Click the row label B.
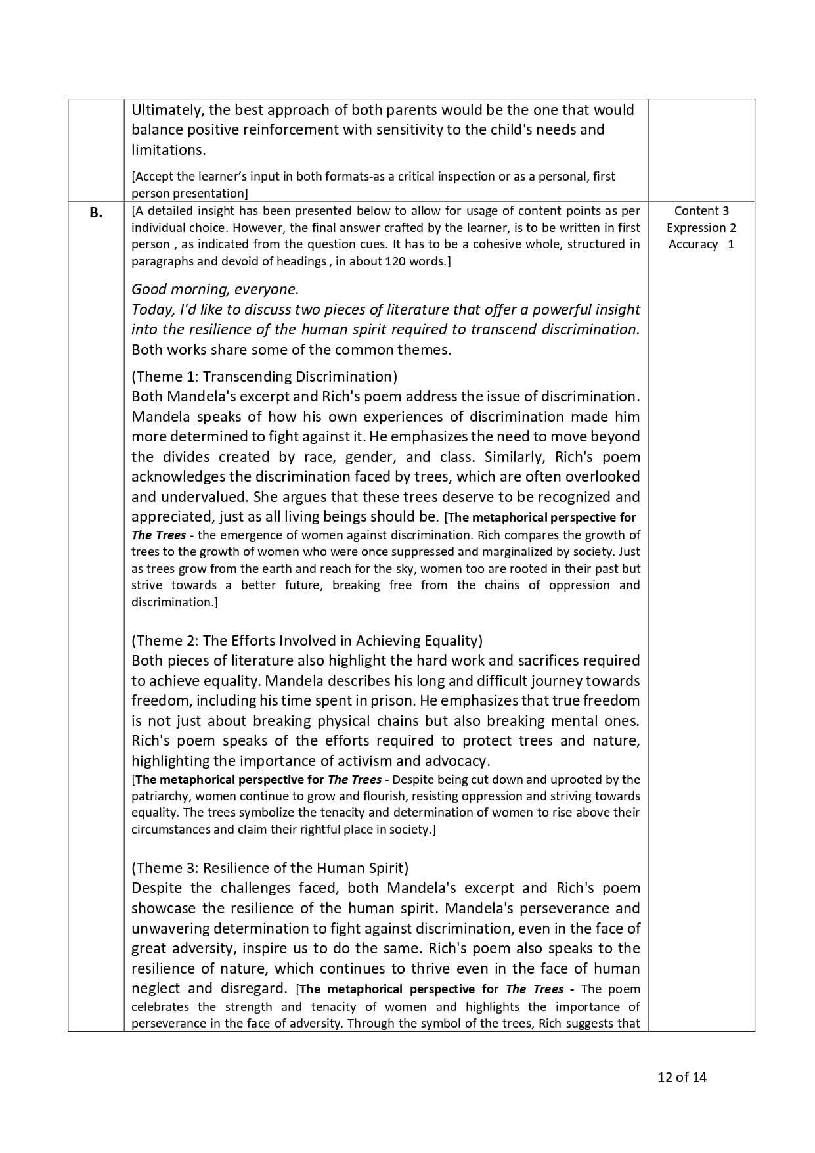coord(96,212)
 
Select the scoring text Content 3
coord(701,211)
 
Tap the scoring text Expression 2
coord(701,228)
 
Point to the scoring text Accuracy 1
coord(701,244)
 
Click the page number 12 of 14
coord(682,1077)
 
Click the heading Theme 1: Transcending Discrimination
coord(264,376)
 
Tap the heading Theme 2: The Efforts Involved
coord(307,641)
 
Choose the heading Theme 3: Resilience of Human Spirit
coord(270,868)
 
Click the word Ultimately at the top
coord(167,110)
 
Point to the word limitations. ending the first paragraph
coord(168,150)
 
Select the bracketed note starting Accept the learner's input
coord(373,177)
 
